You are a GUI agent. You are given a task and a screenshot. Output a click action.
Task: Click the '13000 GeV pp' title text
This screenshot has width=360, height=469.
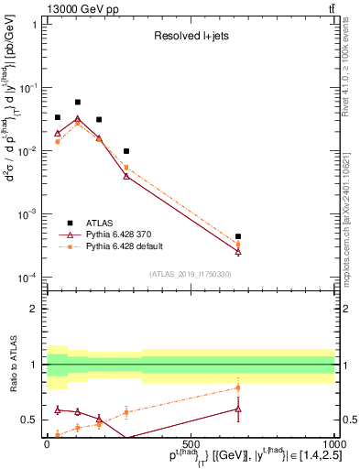click(x=82, y=8)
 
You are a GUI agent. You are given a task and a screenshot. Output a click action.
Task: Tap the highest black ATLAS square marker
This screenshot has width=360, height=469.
click(x=78, y=103)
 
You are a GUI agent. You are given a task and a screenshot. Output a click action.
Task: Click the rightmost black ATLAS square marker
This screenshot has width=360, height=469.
click(x=238, y=236)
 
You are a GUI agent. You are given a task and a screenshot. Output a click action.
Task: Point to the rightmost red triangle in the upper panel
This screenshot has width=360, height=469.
click(x=238, y=252)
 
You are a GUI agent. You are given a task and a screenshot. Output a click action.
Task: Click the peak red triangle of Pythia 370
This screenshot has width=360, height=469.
click(x=78, y=119)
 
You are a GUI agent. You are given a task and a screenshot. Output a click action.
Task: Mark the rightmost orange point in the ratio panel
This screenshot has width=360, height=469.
click(x=238, y=387)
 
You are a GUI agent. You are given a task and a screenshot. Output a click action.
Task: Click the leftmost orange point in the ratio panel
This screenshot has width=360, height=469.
click(x=58, y=434)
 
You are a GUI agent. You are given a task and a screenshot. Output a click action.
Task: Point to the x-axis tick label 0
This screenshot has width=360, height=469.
click(x=47, y=443)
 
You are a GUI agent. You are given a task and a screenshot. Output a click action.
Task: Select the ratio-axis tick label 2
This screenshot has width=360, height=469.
click(x=34, y=309)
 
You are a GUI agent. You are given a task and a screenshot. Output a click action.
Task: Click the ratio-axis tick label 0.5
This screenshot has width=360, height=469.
click(x=29, y=420)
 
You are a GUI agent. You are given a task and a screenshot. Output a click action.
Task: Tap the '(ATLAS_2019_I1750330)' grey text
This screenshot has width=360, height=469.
click(x=189, y=274)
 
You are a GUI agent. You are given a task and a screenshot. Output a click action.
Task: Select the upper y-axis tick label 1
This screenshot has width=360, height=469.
click(x=34, y=25)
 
